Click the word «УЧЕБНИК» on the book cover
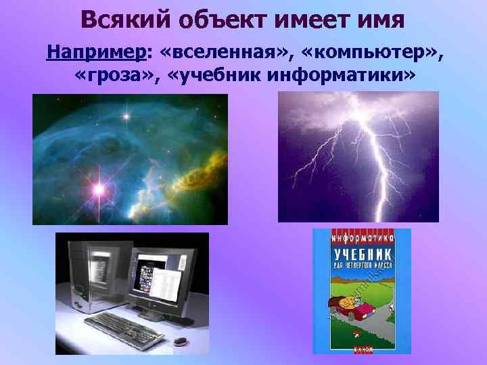pyautogui.click(x=362, y=256)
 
